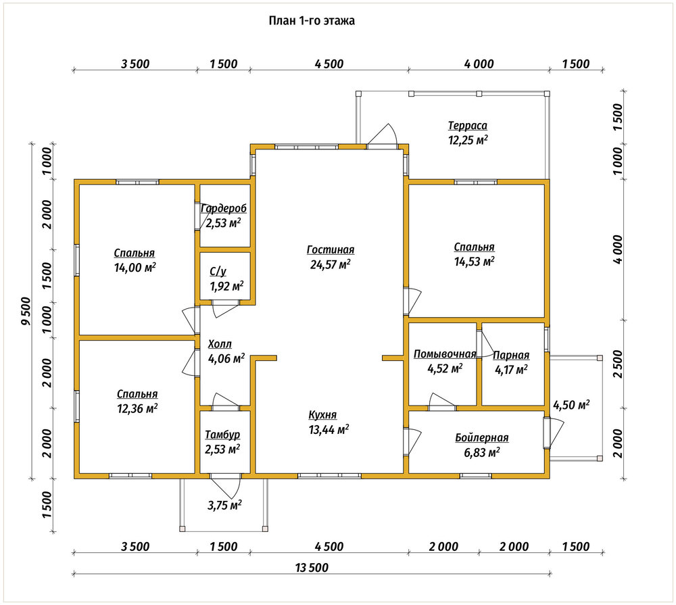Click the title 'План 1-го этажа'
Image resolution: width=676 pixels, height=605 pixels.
[x=312, y=21]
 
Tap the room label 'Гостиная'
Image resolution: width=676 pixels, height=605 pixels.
[x=331, y=249]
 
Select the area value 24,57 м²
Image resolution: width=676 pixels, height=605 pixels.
[x=331, y=264]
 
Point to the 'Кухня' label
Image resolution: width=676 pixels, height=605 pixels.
[x=322, y=415]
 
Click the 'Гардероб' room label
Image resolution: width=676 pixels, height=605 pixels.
[x=224, y=209]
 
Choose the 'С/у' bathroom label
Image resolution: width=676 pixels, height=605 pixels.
[x=218, y=272]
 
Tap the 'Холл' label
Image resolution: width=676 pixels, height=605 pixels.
[x=220, y=344]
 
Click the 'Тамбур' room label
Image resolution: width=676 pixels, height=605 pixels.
[x=222, y=435]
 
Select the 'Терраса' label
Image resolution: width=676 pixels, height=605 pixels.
[x=468, y=126]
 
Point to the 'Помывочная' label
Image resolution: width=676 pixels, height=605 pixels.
[x=445, y=354]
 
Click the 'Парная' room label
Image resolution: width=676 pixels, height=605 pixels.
[x=511, y=356]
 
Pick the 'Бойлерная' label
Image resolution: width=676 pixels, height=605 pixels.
[x=482, y=438]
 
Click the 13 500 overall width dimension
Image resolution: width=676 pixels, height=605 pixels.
[x=312, y=568]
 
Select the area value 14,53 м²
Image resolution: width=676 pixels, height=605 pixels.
[x=475, y=262]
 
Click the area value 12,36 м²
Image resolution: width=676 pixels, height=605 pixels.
[x=137, y=408]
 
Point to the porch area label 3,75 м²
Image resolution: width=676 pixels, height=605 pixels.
[x=224, y=505]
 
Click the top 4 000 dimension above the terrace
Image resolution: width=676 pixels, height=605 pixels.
[x=479, y=64]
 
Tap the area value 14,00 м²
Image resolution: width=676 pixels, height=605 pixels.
[x=135, y=268]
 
